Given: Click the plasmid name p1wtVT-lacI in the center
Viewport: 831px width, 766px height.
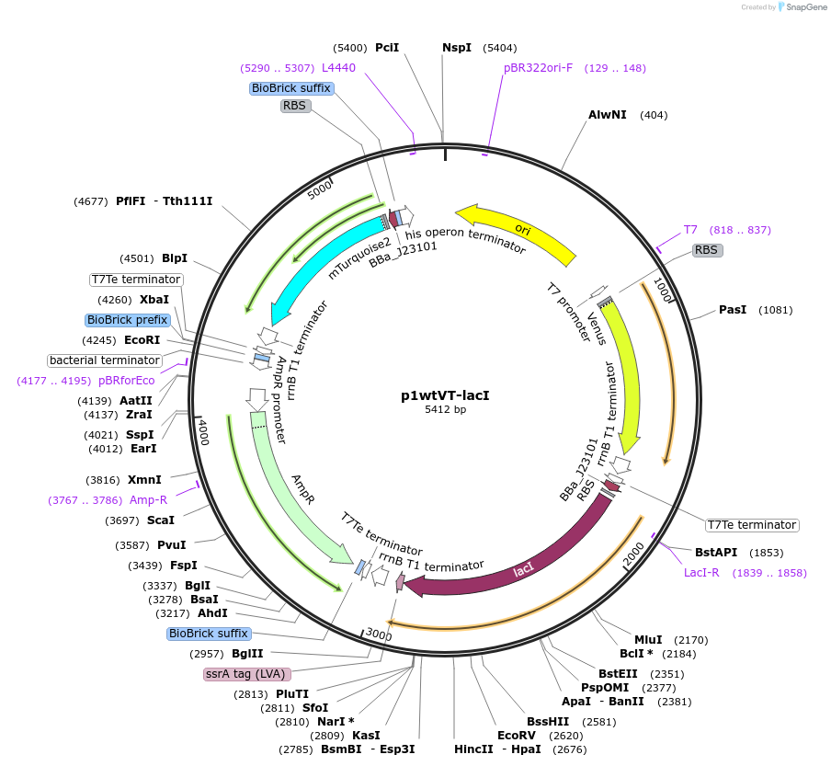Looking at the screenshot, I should tap(445, 395).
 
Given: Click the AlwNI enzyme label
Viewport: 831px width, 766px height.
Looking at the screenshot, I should tap(608, 115).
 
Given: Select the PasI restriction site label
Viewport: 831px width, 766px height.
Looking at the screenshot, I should tap(733, 310).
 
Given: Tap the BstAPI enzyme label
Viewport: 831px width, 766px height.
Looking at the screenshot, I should tap(716, 553).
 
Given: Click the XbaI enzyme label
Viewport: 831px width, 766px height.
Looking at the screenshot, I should tap(154, 300).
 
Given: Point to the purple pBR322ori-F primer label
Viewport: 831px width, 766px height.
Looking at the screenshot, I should tap(538, 67).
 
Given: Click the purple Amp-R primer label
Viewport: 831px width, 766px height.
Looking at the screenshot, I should tap(148, 500).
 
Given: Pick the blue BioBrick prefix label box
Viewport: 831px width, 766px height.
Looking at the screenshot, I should tap(127, 320).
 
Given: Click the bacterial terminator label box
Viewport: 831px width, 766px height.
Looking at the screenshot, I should tap(105, 360).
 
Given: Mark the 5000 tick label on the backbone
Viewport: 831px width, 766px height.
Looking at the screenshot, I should tap(319, 191).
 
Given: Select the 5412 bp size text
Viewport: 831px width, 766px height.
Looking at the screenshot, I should tap(445, 410).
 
